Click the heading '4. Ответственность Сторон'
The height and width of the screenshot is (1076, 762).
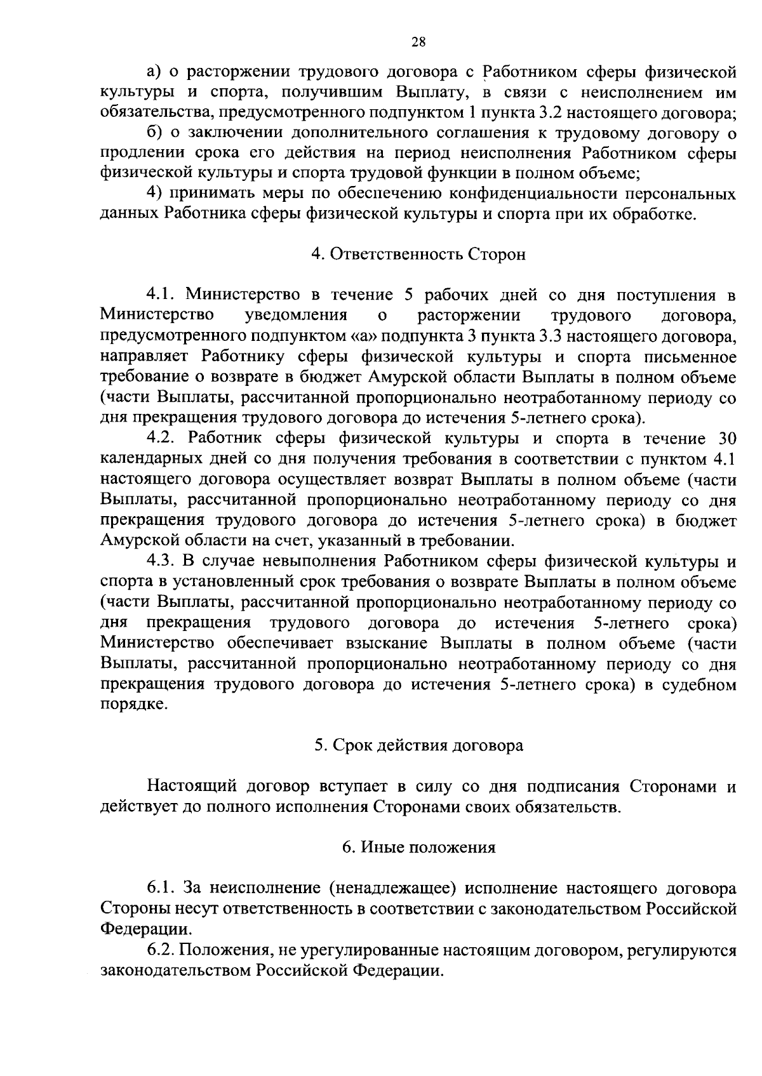point(418,255)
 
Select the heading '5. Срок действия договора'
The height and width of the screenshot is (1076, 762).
point(418,745)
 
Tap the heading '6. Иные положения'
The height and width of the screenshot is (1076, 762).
point(418,847)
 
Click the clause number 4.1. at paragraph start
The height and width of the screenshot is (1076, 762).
point(162,295)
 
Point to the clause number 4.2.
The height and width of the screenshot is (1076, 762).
point(162,439)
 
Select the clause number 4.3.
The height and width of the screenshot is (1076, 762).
point(162,562)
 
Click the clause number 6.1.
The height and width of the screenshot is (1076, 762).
point(162,888)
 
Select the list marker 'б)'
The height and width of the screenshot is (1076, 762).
point(154,133)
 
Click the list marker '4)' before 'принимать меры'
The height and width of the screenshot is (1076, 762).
point(156,194)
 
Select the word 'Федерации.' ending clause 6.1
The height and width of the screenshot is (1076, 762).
point(145,929)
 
